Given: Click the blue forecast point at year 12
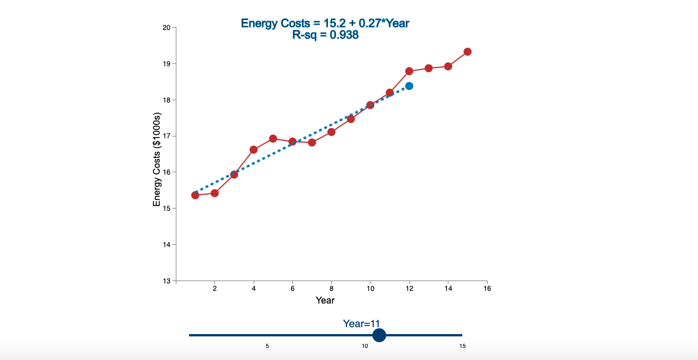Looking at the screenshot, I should pos(409,86).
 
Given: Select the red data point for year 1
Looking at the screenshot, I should pos(195,195).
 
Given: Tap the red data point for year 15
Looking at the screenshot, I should pos(467,52).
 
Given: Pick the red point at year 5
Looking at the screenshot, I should pos(273,139).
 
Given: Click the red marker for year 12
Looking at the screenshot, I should pos(409,71).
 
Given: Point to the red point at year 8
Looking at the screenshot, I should pos(331,132).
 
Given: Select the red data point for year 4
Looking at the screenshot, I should pos(254,150).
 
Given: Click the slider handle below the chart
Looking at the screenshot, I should pos(379,335).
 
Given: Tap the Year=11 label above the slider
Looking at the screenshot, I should pos(362,324).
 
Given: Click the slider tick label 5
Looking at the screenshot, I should pos(267,346).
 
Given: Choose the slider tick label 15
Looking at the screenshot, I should pos(462,346).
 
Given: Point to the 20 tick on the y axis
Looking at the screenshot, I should pos(167,27).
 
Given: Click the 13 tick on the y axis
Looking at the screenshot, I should pos(167,281).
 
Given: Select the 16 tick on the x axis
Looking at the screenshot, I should pos(487,289).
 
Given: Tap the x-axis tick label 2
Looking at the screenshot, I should pos(215,289).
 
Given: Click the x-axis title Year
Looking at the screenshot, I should pos(325,300).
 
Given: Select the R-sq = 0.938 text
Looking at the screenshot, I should pos(325,35).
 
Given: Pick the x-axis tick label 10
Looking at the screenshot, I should pos(370,289).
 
